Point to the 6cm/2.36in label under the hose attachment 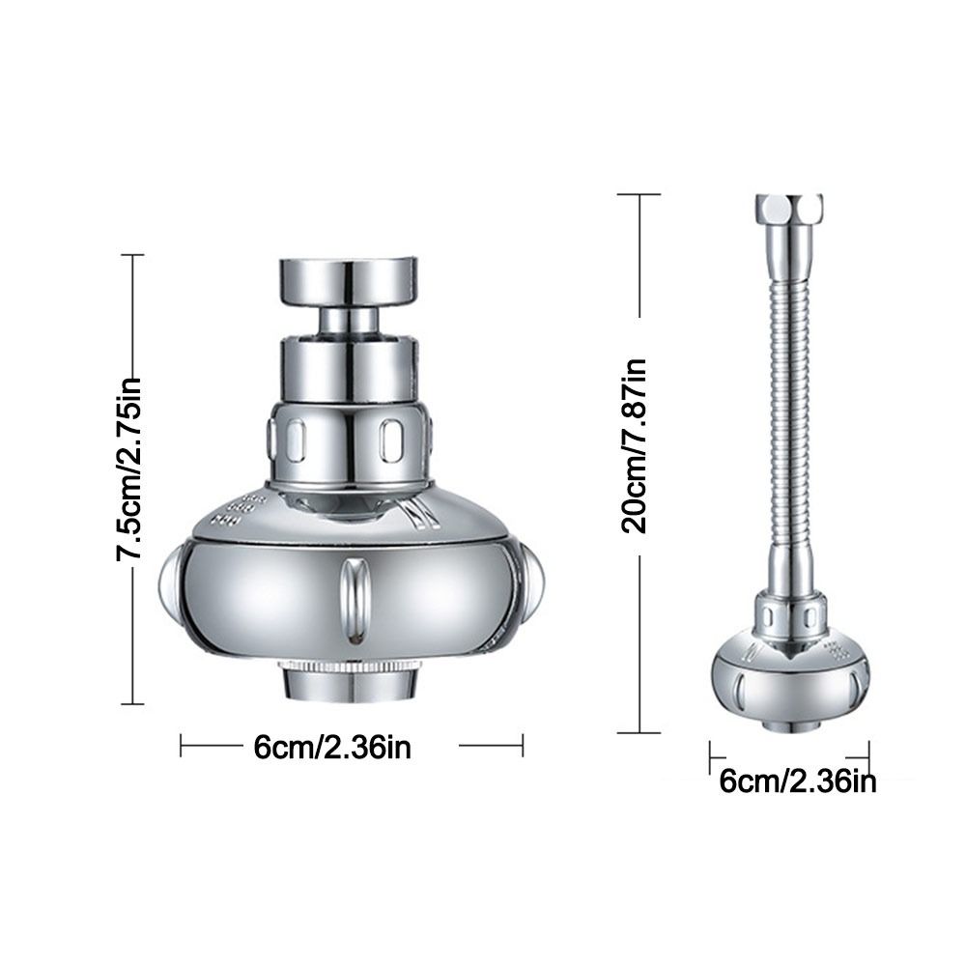[x=798, y=781]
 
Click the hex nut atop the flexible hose [x=788, y=210]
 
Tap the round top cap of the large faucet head [x=349, y=280]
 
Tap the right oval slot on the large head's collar [x=391, y=440]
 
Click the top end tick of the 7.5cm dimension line [x=131, y=255]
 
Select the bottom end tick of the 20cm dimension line [x=639, y=732]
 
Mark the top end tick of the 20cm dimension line [x=639, y=194]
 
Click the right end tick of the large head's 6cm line [x=523, y=745]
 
